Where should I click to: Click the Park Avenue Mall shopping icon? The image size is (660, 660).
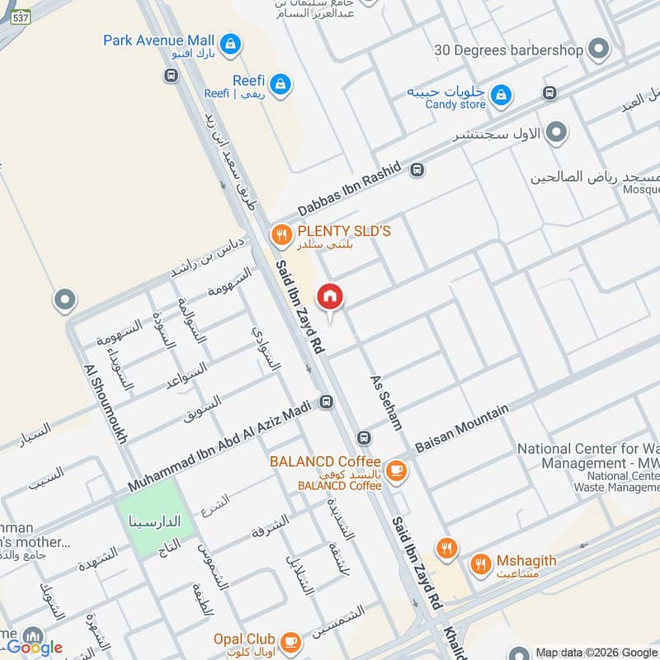(230, 40)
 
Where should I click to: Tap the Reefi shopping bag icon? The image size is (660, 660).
(281, 82)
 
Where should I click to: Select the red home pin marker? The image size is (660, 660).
(330, 297)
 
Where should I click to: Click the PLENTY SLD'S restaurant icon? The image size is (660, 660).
(282, 234)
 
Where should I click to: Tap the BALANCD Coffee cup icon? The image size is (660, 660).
(397, 469)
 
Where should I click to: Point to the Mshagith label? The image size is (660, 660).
(526, 561)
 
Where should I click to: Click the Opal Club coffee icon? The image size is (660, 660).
(290, 640)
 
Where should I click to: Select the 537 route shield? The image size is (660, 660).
(21, 16)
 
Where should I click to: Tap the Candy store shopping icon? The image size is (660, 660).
(500, 97)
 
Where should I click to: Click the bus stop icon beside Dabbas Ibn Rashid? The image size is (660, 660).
(417, 170)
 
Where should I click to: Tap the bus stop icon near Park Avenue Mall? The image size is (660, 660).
(171, 76)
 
